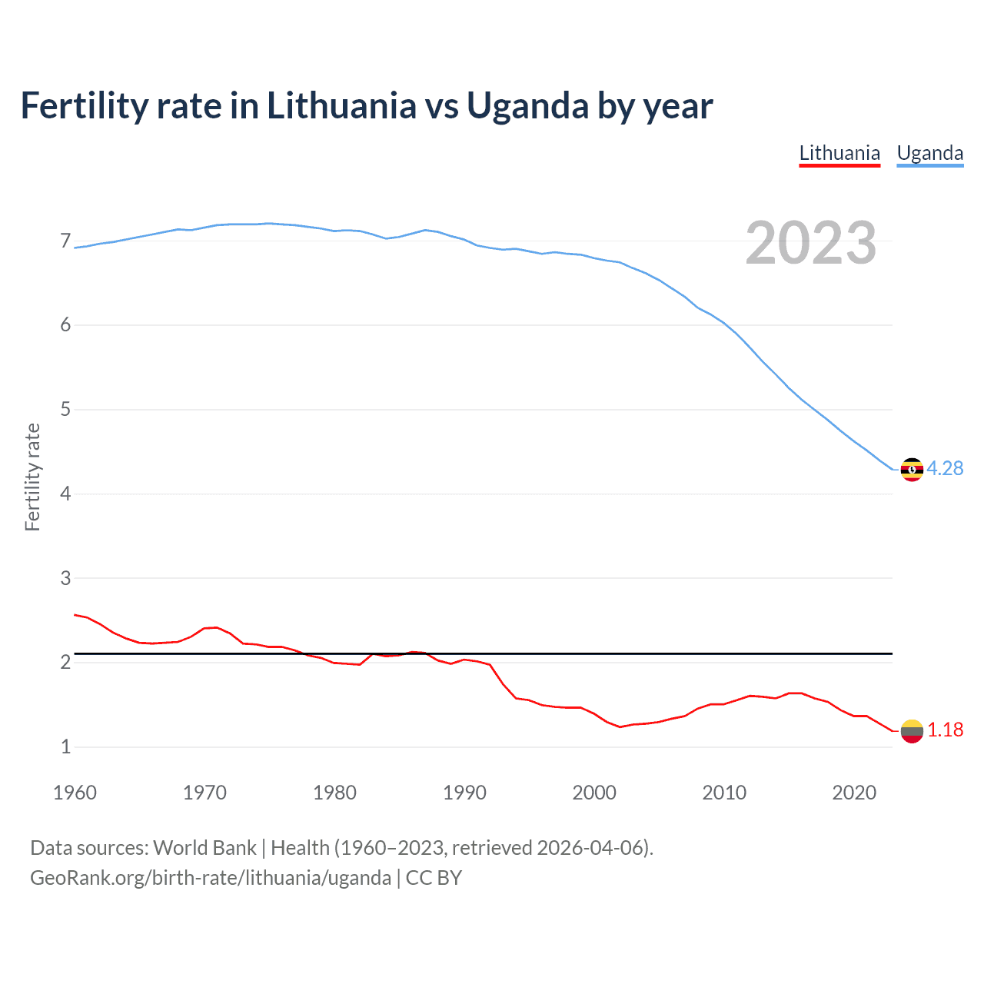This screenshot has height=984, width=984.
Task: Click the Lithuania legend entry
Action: click(839, 153)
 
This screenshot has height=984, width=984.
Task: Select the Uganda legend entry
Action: click(930, 153)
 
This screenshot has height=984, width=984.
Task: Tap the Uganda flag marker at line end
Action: click(912, 469)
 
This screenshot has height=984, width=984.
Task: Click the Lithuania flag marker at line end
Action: click(912, 730)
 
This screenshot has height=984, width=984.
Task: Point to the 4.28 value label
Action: click(945, 468)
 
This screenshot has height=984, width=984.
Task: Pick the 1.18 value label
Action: click(945, 730)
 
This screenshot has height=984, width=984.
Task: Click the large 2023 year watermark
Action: click(811, 243)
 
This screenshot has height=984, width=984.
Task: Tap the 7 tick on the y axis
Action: click(65, 241)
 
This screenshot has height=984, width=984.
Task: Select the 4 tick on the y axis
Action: click(65, 494)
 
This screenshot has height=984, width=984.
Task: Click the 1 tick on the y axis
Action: click(65, 746)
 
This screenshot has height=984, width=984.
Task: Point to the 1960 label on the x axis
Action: click(75, 793)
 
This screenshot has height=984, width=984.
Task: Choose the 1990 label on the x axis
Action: click(464, 793)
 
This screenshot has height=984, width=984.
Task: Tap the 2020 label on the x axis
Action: click(854, 793)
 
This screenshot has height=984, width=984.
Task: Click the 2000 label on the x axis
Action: click(594, 793)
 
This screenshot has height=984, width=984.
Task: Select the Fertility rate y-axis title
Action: click(32, 477)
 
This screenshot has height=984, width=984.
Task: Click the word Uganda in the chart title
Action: click(527, 106)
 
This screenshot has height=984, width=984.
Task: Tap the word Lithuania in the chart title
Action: click(341, 106)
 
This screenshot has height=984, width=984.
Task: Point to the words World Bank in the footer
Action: click(204, 848)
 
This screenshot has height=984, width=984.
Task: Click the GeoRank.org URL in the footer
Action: click(211, 878)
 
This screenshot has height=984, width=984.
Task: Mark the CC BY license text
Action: click(434, 878)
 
